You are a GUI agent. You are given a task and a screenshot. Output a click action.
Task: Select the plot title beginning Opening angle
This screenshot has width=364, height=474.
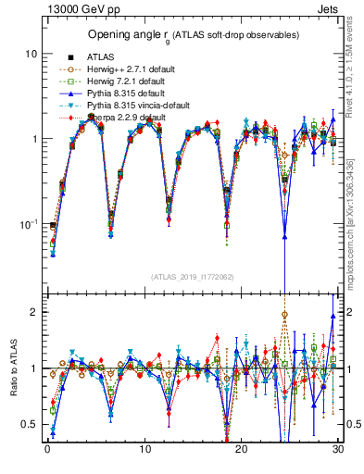[193, 35]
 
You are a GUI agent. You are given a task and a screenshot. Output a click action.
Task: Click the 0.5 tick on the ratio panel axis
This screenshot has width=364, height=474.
[30, 424]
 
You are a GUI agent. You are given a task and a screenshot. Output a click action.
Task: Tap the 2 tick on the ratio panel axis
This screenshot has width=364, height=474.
[33, 312]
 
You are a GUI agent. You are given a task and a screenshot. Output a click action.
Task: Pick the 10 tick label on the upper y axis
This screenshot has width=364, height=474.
[30, 54]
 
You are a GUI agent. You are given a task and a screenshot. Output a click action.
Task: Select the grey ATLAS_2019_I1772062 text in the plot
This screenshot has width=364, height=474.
[193, 277]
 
